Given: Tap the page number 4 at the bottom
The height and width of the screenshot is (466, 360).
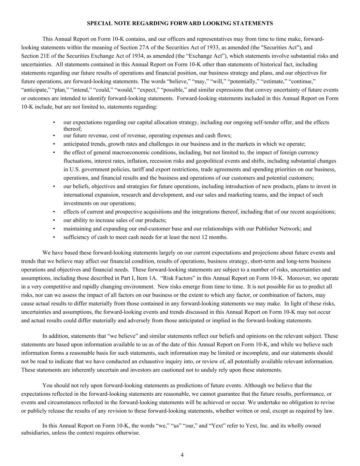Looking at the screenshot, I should point(182,455).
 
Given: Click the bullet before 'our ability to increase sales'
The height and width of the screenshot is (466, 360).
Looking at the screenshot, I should point(54,220).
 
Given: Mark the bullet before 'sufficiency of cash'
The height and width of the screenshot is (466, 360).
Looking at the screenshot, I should point(54,237).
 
